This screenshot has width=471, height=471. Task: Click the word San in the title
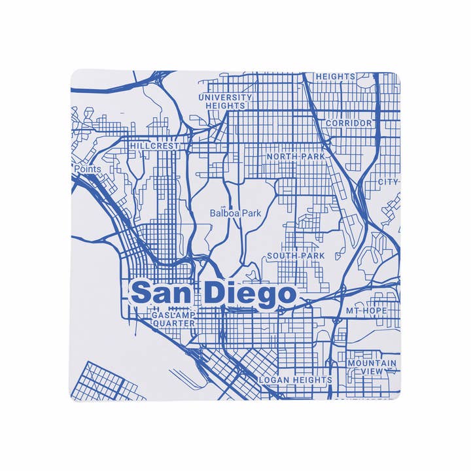(164, 294)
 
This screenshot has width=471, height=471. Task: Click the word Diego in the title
(250, 295)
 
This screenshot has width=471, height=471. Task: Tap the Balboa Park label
(235, 213)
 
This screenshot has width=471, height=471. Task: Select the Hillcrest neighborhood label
(154, 147)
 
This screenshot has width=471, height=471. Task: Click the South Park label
(296, 256)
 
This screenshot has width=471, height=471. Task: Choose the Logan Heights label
(296, 379)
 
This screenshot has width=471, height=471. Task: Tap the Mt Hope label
(367, 311)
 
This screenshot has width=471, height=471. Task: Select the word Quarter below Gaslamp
(173, 323)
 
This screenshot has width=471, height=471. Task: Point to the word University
(225, 97)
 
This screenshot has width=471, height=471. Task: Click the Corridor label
(349, 123)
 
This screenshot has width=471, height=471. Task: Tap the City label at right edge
(388, 182)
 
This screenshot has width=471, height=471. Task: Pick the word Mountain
(372, 363)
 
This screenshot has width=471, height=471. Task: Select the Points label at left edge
(88, 169)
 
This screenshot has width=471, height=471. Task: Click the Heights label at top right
(336, 77)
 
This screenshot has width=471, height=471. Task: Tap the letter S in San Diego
(140, 294)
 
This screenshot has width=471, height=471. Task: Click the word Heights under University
(225, 105)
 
